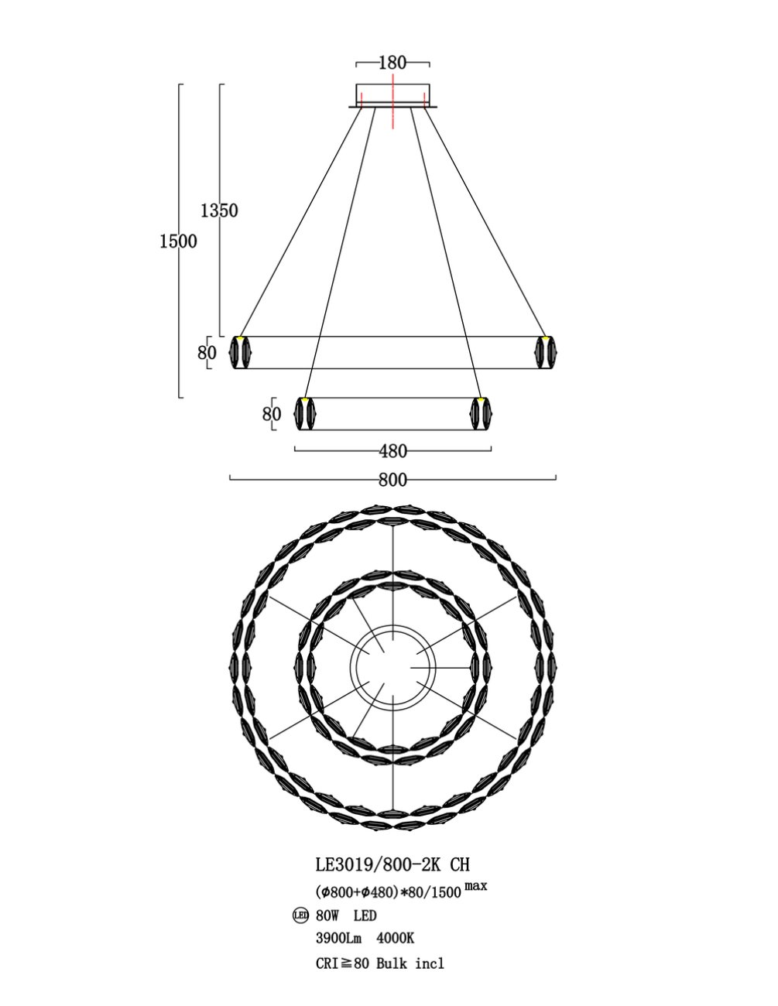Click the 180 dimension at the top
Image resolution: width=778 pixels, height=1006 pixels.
pos(392,63)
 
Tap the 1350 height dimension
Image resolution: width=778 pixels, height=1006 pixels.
pos(219,210)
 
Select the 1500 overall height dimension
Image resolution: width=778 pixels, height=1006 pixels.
pos(178,241)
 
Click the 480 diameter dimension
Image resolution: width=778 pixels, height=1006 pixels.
pos(392,451)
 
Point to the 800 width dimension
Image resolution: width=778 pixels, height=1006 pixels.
pos(392,480)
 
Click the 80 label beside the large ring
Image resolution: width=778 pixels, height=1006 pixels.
pos(207,353)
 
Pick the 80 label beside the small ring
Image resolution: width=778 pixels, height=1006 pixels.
pos(272,413)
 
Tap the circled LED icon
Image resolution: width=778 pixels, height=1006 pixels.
pos(301,915)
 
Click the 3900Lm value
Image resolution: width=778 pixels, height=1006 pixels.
pos(338,939)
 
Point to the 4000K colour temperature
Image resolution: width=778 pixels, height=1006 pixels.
pos(395,939)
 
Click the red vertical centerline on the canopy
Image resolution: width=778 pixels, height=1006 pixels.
pos(392,101)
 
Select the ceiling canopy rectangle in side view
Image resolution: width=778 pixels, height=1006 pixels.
pos(392,95)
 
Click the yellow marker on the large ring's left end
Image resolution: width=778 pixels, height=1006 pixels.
pos(240,339)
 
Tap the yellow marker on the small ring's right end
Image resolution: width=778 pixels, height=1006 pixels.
pos(482,399)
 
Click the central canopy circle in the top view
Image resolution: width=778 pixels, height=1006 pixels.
pos(392,667)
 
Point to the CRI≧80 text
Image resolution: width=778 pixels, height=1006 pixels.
pos(342,962)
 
